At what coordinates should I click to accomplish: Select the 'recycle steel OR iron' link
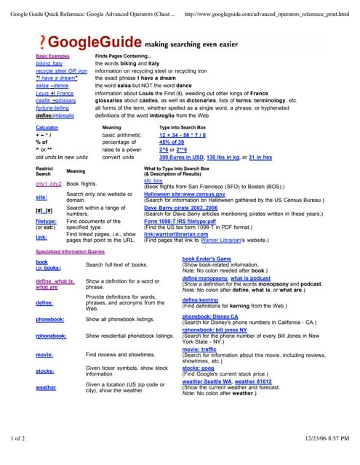61,70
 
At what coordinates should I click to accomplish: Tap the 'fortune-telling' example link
52,108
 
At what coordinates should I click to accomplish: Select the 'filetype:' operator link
46,220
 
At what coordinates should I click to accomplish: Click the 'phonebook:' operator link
50,319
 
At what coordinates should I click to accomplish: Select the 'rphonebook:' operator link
52,336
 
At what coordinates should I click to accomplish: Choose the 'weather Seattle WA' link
207,381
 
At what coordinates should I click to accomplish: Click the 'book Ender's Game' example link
207,259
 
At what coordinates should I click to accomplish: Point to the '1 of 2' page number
17,438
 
